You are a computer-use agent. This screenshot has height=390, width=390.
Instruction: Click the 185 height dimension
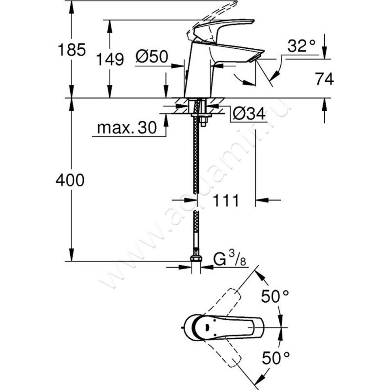coord(71,49)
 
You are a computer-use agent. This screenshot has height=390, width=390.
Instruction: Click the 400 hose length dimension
coord(70,180)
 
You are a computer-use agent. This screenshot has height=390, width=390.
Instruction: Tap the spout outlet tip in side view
coord(253,58)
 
